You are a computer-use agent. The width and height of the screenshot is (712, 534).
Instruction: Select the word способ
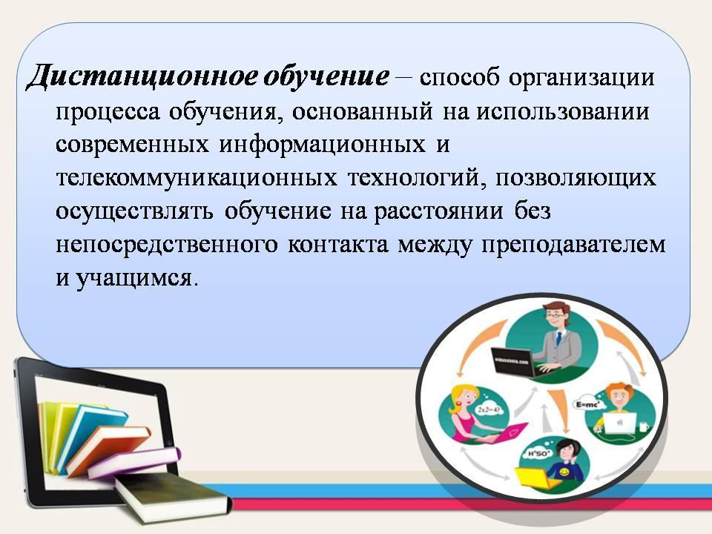[x=459, y=78]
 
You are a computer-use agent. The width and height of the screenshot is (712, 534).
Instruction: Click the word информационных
[x=323, y=145]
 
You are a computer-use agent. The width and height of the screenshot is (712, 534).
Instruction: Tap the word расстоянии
[x=438, y=212]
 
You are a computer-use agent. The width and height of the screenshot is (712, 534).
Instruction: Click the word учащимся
[x=134, y=279]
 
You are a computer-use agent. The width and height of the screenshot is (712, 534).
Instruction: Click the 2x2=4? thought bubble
[x=489, y=409]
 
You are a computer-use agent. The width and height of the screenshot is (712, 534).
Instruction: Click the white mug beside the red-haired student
[x=644, y=427]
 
